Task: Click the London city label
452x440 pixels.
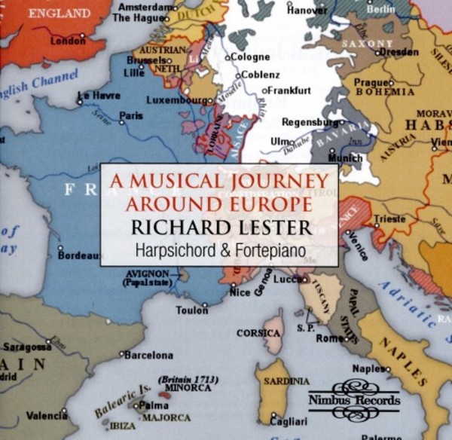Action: (x=68, y=41)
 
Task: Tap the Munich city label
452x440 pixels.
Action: (x=346, y=158)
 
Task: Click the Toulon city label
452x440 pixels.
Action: (x=191, y=310)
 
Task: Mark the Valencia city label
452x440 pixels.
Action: (x=47, y=415)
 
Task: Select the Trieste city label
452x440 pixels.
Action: (x=389, y=218)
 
